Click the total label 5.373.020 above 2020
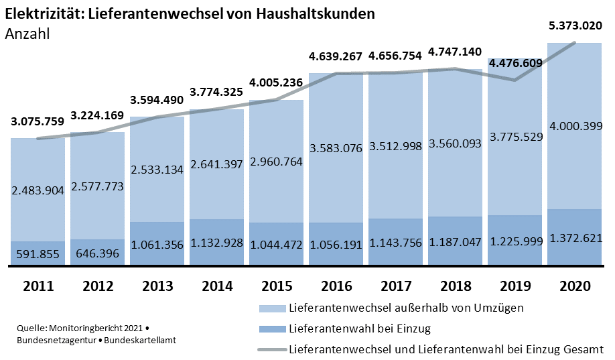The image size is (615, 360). coord(575,26)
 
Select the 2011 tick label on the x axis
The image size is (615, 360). coord(38,286)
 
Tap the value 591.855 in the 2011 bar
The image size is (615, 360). coord(38,254)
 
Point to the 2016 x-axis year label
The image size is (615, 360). coord(336,286)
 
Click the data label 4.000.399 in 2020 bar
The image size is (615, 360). coord(575,125)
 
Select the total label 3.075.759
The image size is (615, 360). coord(38,121)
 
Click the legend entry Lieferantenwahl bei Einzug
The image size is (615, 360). coord(359,328)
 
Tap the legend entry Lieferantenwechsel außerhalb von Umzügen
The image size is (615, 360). coord(406,308)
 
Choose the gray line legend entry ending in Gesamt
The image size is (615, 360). coord(446,349)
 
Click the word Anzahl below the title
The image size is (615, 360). coord(27,34)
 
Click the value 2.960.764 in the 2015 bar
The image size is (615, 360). coord(276,162)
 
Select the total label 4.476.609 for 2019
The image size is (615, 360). coord(515,64)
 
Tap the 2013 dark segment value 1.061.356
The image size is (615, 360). coord(157,245)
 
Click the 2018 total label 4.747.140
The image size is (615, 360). coord(456,51)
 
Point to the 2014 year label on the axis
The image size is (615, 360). coord(216,286)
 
